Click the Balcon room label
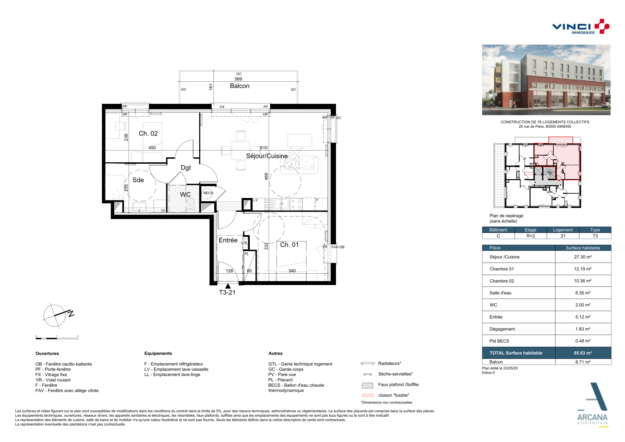239,86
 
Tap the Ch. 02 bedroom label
148,133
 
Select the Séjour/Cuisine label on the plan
267,156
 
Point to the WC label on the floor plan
185,194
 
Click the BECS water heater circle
208,193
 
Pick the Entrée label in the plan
228,240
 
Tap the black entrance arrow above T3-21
228,286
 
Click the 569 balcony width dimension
238,79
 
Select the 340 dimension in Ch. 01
292,271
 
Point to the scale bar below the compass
57,338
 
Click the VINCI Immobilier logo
581,26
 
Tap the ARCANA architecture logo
593,405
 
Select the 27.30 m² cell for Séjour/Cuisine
583,257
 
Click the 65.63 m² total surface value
583,353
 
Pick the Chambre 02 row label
502,281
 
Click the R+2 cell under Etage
531,236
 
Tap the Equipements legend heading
158,354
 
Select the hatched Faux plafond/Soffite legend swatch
367,385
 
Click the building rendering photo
546,80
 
